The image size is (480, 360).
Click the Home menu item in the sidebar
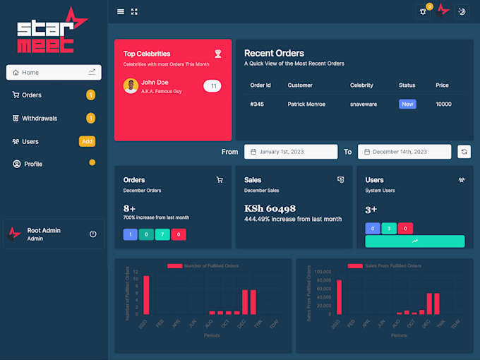click(x=54, y=73)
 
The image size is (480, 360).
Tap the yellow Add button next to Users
click(x=87, y=141)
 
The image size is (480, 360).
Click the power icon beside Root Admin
click(x=92, y=234)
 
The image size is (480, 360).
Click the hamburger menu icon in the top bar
click(x=121, y=11)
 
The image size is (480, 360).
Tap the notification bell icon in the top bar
click(x=424, y=11)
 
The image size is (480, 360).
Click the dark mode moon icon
click(x=462, y=11)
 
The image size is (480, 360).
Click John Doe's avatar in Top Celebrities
click(x=131, y=86)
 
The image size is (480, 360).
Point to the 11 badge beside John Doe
click(x=212, y=86)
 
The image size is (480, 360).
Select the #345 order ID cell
click(x=257, y=104)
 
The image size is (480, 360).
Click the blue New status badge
click(x=407, y=104)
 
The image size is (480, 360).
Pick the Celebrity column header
click(x=361, y=85)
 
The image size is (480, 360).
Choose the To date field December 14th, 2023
click(x=404, y=152)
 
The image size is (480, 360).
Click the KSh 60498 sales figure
click(x=270, y=208)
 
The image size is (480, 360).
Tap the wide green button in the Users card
click(x=414, y=241)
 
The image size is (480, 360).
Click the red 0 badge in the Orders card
click(x=179, y=234)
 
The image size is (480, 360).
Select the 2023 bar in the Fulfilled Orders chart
click(x=146, y=294)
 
